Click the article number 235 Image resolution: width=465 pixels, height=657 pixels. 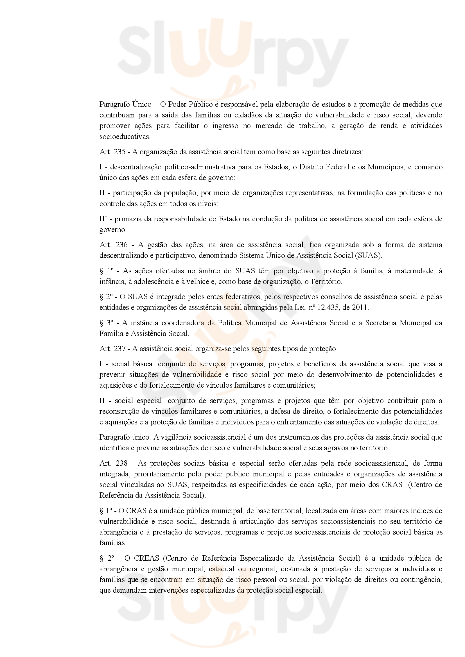(120, 152)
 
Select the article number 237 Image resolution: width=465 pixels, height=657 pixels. (120, 349)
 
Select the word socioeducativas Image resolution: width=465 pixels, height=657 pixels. (125, 137)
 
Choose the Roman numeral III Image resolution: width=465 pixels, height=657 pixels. (103, 219)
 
